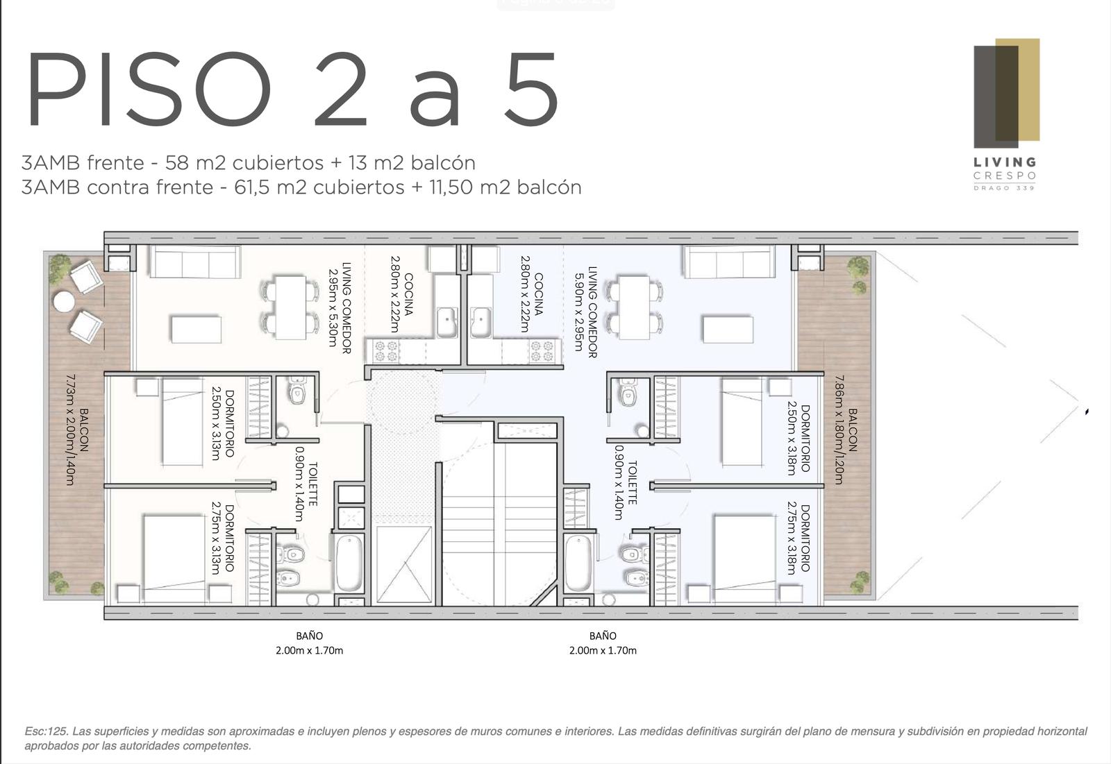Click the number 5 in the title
(531, 89)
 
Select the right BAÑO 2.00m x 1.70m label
(603, 643)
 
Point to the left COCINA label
(402, 294)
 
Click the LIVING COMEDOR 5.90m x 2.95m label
(586, 312)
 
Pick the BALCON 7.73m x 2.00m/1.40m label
(77, 430)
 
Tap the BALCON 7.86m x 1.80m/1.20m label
(845, 430)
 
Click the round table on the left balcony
(64, 302)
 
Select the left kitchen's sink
(447, 322)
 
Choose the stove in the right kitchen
(542, 351)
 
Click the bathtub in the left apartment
(350, 564)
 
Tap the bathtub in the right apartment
(578, 564)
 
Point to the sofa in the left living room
(195, 262)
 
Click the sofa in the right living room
(729, 262)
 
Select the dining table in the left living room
(291, 307)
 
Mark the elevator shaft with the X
(404, 565)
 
